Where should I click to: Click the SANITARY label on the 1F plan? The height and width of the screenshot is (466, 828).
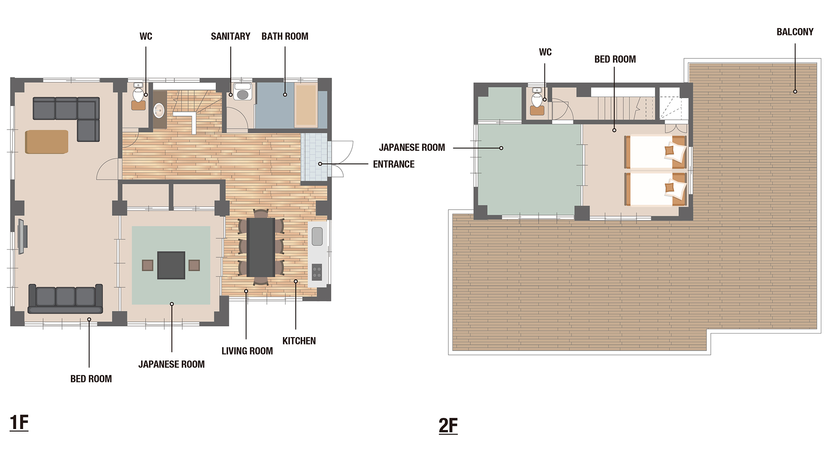click(x=231, y=36)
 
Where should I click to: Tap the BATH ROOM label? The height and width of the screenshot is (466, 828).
click(x=285, y=36)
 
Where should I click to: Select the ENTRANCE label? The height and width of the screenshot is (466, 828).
click(x=394, y=164)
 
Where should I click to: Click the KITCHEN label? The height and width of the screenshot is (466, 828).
click(x=299, y=341)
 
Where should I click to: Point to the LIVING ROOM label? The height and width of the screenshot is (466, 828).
click(x=247, y=351)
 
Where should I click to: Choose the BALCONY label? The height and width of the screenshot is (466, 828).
click(x=795, y=32)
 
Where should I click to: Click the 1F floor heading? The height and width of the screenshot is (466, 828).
click(x=19, y=423)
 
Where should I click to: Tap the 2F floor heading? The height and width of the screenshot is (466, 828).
click(x=448, y=426)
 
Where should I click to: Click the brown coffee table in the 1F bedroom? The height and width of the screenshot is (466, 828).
click(x=47, y=142)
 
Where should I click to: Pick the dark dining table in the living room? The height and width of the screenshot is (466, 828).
click(x=261, y=247)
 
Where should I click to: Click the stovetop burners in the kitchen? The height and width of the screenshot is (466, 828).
click(x=317, y=272)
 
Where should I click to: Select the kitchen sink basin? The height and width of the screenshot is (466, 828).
click(x=317, y=237)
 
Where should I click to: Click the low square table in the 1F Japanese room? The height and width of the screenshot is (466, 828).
click(x=171, y=265)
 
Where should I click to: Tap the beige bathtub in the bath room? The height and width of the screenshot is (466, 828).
click(x=306, y=105)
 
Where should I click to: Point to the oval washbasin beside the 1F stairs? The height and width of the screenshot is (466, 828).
click(x=159, y=111)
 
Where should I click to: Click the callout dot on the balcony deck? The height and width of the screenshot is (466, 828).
click(x=795, y=92)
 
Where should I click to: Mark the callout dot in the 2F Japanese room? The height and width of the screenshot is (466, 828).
click(x=501, y=148)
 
